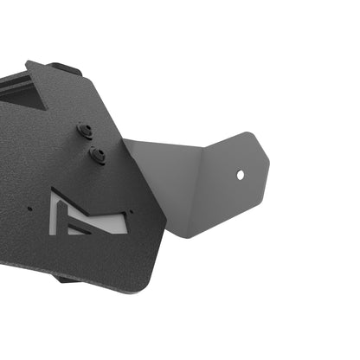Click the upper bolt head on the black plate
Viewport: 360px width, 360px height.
[85, 131]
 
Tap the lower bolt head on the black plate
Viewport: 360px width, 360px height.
[97, 156]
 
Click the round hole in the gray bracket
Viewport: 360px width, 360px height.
[241, 175]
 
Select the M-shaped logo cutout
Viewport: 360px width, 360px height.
[87, 215]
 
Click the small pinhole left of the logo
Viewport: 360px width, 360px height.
[32, 209]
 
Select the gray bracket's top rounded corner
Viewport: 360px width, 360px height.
[247, 134]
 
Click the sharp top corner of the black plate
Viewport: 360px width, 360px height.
[29, 61]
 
